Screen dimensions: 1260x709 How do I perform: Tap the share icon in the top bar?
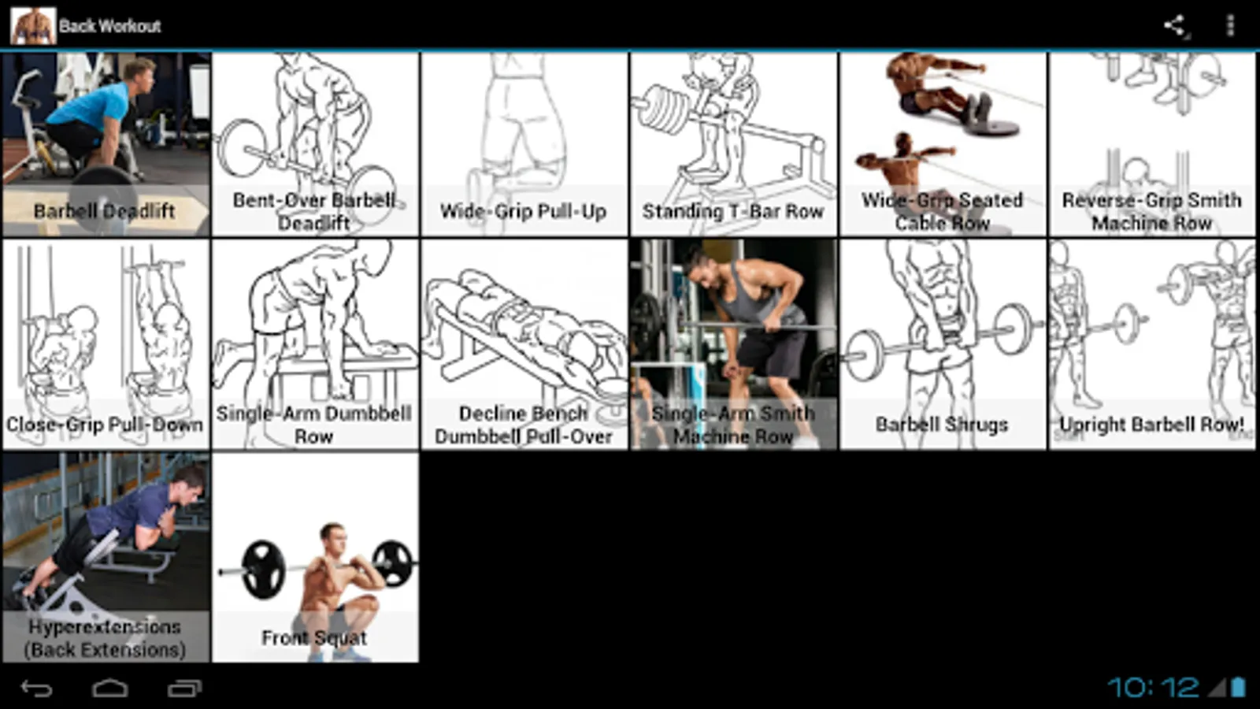click(x=1174, y=25)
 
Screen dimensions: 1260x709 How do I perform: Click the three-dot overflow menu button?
click(x=1230, y=25)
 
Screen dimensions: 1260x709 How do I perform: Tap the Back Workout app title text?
click(x=109, y=26)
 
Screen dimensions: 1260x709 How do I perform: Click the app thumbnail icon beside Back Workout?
click(x=33, y=26)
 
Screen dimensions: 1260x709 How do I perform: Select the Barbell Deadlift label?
click(x=105, y=211)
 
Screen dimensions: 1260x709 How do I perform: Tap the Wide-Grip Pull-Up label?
click(x=523, y=212)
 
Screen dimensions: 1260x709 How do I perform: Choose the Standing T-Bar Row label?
click(x=733, y=212)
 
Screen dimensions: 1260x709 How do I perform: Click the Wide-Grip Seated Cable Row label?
click(x=942, y=212)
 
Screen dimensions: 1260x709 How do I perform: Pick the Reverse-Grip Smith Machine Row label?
click(x=1151, y=212)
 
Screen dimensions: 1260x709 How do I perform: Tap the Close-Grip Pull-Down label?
click(x=105, y=425)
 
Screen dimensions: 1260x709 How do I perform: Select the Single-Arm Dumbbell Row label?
click(x=314, y=425)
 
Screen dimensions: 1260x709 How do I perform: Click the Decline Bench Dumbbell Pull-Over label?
click(x=523, y=425)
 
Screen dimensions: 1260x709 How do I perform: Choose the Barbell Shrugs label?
click(x=942, y=425)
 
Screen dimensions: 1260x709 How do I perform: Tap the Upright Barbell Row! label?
click(x=1151, y=425)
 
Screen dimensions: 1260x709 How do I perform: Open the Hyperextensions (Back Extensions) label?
click(x=105, y=638)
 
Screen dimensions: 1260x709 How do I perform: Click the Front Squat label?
click(x=314, y=637)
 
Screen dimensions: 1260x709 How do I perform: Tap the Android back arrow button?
click(x=36, y=688)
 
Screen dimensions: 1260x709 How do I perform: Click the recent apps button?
click(x=184, y=688)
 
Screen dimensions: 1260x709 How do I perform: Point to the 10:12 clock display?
click(x=1153, y=687)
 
